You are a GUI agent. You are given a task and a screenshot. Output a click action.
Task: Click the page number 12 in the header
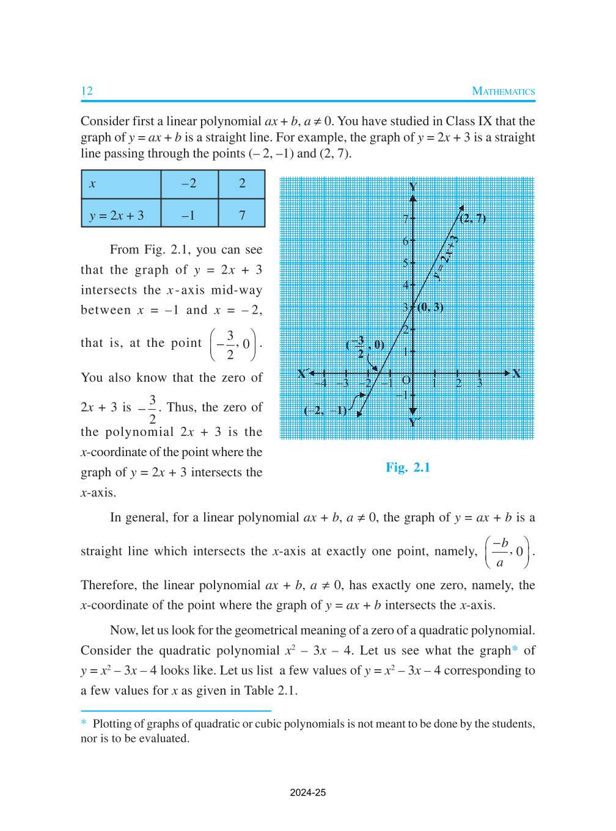point(87,91)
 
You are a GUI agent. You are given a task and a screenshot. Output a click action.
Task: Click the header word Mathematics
point(503,91)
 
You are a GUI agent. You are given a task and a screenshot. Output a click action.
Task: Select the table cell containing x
point(121,184)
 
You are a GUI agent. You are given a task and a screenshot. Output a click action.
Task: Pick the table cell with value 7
point(242,215)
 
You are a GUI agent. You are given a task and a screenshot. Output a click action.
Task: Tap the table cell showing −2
point(189,184)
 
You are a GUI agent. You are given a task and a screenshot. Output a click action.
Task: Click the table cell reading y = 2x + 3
point(121,215)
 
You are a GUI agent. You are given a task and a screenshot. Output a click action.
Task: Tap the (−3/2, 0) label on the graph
point(364,346)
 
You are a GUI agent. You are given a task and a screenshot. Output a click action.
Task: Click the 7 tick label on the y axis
point(405,219)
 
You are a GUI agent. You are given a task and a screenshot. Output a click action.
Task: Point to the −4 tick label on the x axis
point(321,383)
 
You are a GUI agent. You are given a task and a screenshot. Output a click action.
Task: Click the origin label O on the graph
point(406,380)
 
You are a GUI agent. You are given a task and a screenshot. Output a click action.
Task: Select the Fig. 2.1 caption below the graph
point(408,468)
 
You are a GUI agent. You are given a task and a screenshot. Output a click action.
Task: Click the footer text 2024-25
point(308,793)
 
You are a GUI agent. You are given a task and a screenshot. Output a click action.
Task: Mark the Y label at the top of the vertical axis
point(413,187)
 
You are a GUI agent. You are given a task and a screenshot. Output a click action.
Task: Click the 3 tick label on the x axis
point(480,383)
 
